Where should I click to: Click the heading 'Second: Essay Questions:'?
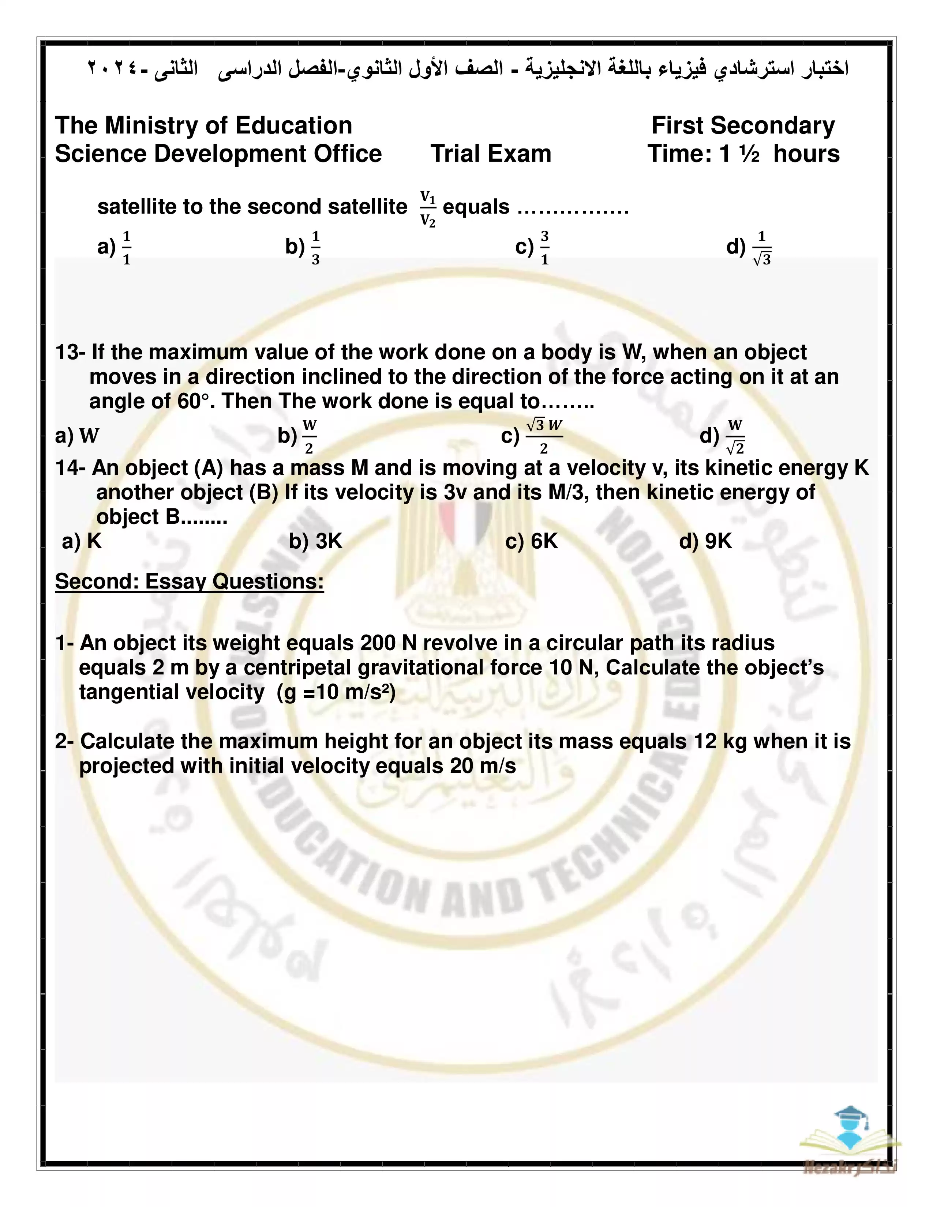coord(189,582)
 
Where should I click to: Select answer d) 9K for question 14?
coord(705,541)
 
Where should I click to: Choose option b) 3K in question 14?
coord(316,541)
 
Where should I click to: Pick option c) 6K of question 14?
coord(531,541)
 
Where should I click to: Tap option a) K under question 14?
coord(82,541)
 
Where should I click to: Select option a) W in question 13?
coord(77,436)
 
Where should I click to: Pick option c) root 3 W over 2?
coord(532,436)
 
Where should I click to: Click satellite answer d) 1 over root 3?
coord(749,248)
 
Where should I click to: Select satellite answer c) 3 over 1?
coord(532,248)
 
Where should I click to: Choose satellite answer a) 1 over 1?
coord(115,248)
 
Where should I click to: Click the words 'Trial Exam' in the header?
coord(491,154)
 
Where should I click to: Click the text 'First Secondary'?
coord(743,125)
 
